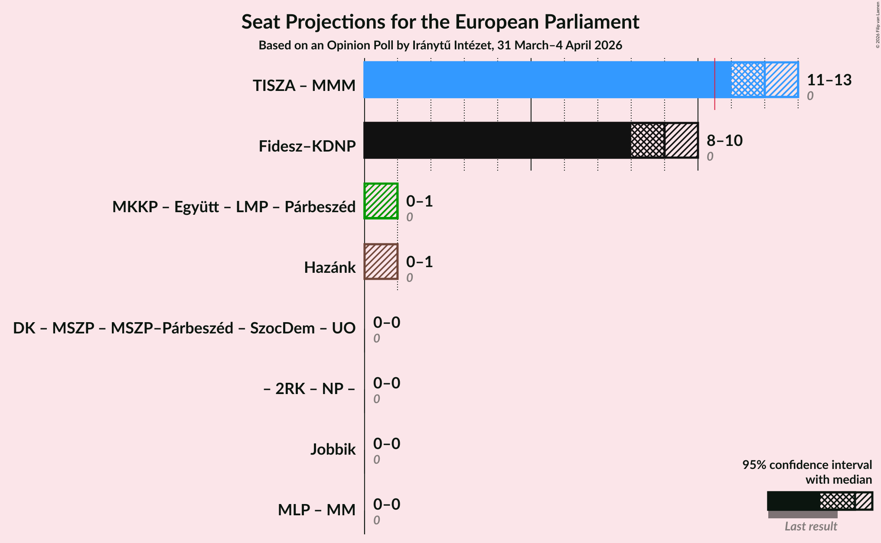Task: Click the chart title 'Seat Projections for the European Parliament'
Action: (440, 22)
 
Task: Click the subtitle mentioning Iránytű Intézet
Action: (440, 45)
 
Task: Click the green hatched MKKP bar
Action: (381, 201)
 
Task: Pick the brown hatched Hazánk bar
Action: (381, 262)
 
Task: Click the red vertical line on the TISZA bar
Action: (715, 84)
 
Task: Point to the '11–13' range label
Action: (829, 80)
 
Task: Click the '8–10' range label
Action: (724, 141)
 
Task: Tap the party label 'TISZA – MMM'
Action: (304, 86)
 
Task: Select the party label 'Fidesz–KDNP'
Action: (307, 146)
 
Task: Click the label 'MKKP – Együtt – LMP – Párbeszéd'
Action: (234, 207)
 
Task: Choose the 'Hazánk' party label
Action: (330, 268)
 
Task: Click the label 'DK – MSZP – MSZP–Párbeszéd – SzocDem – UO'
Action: (184, 328)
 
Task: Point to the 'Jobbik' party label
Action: (333, 449)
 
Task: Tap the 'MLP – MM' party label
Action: (317, 510)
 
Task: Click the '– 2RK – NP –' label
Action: (309, 389)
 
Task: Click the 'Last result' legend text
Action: (810, 526)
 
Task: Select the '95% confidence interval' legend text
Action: (806, 465)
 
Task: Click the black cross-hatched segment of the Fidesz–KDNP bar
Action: (648, 140)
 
